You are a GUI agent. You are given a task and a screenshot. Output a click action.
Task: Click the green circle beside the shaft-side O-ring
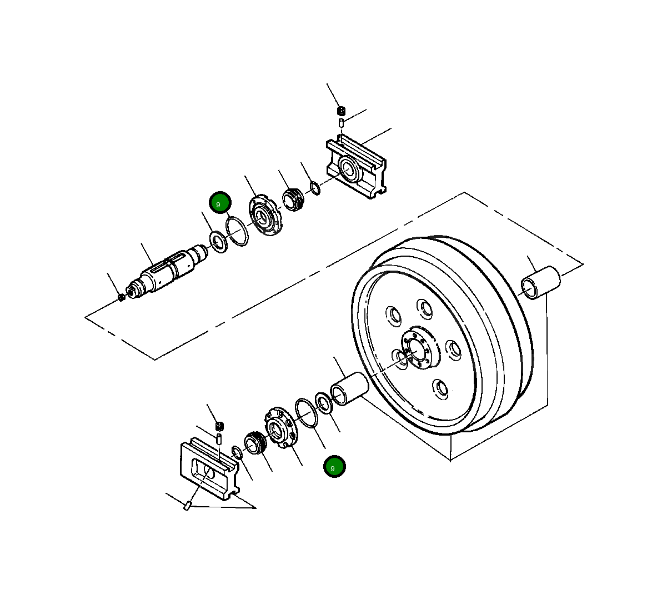[219, 203]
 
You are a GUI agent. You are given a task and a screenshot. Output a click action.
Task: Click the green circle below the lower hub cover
[334, 467]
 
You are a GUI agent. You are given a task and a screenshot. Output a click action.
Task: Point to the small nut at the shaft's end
[122, 297]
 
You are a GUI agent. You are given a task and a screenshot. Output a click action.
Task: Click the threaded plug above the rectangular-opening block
[220, 426]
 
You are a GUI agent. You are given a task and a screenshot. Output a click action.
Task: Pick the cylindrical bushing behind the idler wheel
[540, 282]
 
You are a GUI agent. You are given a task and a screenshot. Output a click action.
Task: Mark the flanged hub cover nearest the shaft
[265, 216]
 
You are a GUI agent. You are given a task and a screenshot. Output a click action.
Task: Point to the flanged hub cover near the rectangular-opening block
[279, 427]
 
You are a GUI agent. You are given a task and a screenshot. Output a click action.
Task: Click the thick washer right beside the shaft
[217, 243]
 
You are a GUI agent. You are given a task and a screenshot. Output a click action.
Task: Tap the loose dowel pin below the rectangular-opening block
[188, 506]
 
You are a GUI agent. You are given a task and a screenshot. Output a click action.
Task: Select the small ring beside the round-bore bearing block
[315, 188]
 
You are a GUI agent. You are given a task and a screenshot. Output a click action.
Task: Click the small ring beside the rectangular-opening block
[237, 453]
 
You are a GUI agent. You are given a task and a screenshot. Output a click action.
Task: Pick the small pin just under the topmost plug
[341, 122]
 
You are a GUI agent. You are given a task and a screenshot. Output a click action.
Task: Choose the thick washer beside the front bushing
[324, 403]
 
